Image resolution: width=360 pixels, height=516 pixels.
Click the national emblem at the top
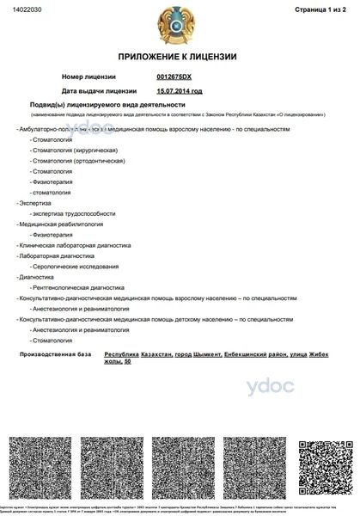click(x=179, y=27)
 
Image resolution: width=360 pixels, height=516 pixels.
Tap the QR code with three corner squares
click(x=319, y=464)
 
